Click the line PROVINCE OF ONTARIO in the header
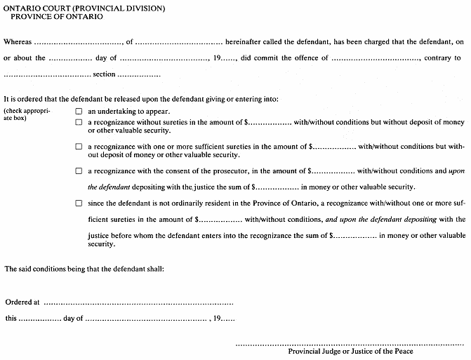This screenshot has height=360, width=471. pyautogui.click(x=57, y=16)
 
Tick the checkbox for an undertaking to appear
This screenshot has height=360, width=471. pyautogui.click(x=79, y=112)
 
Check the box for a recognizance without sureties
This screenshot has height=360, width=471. pyautogui.click(x=79, y=122)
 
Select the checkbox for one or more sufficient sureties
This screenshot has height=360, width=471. pyautogui.click(x=79, y=147)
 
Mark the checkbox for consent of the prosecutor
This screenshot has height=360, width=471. pyautogui.click(x=79, y=171)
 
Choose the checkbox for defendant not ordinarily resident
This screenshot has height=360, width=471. pyautogui.click(x=79, y=204)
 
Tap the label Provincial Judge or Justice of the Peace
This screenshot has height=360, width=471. pyautogui.click(x=350, y=352)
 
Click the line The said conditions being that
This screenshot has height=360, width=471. pyautogui.click(x=84, y=269)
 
